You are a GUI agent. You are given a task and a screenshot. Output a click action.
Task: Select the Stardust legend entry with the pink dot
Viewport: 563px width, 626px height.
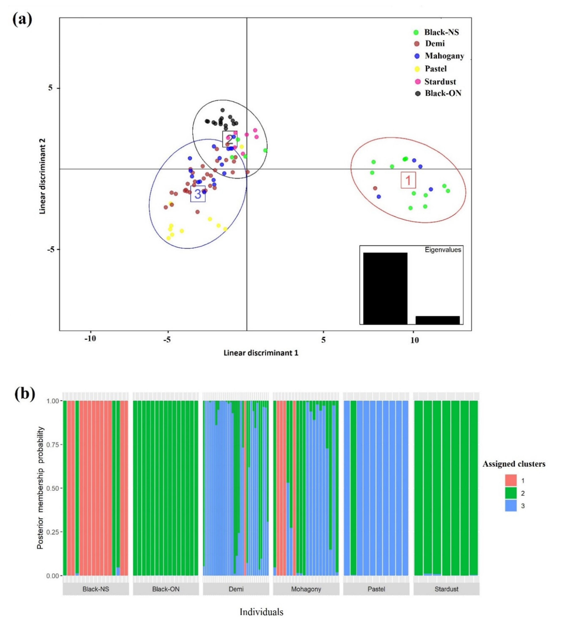tap(440, 82)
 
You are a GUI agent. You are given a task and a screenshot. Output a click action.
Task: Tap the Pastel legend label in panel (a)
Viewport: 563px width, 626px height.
tap(436, 69)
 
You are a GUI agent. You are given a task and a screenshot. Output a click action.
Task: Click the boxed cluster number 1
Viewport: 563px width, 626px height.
tap(408, 180)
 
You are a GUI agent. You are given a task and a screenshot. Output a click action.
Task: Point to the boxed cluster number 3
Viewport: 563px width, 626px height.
tap(198, 194)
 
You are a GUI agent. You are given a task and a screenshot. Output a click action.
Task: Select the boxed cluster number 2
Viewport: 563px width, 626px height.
tap(230, 139)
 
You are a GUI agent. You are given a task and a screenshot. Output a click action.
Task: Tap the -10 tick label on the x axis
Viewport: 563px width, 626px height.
tap(90, 339)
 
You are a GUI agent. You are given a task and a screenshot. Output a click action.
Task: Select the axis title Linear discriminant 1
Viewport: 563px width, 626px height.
tap(261, 353)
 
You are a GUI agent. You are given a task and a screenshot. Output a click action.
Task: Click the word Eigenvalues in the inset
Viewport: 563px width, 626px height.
tap(443, 250)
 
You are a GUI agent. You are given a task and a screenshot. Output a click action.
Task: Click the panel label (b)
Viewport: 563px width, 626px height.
tap(25, 394)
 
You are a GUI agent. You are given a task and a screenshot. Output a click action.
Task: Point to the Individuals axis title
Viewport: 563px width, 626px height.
tap(261, 612)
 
